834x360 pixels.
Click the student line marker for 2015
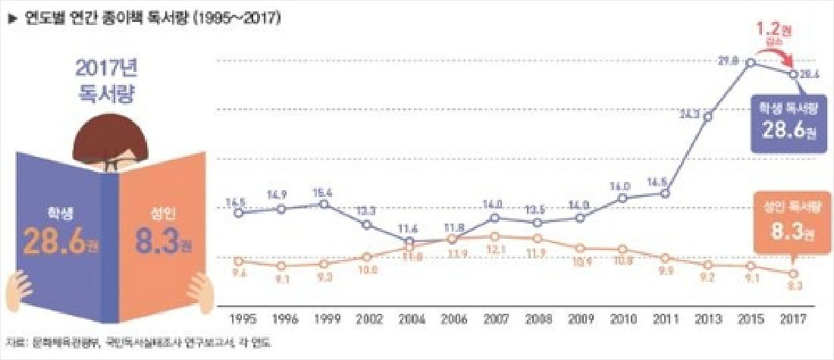pyautogui.click(x=751, y=62)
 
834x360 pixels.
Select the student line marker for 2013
pyautogui.click(x=707, y=116)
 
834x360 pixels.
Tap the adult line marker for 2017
pyautogui.click(x=793, y=274)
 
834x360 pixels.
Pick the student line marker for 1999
pyautogui.click(x=325, y=205)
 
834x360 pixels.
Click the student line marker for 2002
pyautogui.click(x=367, y=224)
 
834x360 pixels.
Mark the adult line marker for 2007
pyautogui.click(x=494, y=236)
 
